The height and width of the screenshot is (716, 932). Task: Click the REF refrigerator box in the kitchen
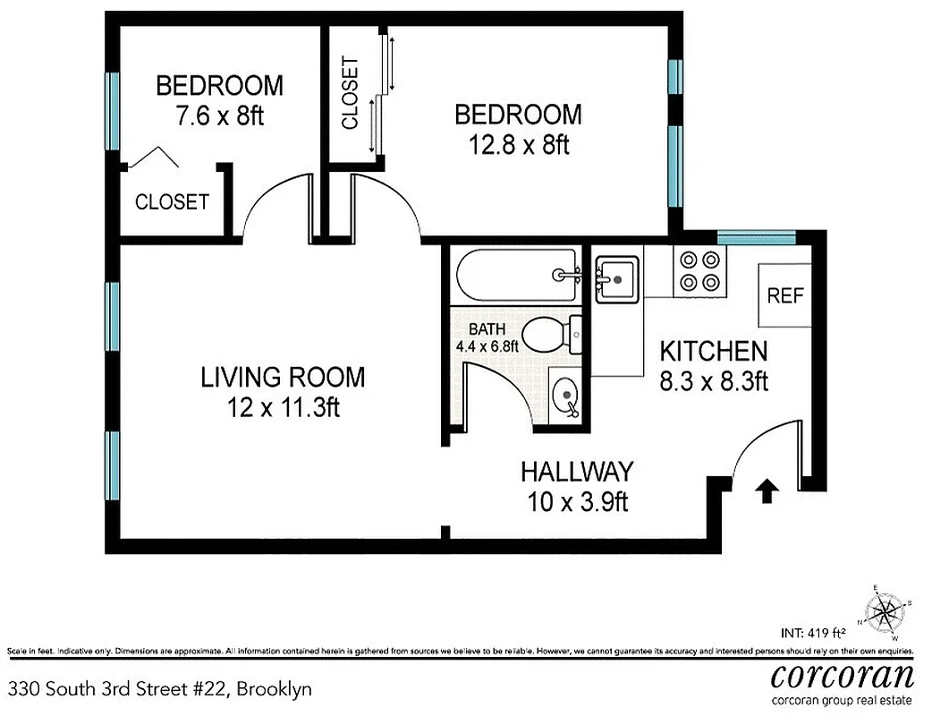tap(785, 295)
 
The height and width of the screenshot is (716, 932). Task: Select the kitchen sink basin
tap(616, 277)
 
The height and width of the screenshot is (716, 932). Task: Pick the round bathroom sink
tap(565, 395)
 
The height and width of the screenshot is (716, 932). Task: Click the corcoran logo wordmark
tap(842, 674)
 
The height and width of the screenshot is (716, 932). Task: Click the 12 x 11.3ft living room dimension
tap(283, 407)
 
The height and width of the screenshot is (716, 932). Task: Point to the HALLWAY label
tap(577, 471)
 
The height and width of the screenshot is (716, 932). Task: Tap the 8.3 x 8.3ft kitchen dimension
tap(714, 381)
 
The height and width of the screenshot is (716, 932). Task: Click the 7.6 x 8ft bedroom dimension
tap(219, 116)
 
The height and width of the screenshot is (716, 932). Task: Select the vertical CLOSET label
tap(350, 93)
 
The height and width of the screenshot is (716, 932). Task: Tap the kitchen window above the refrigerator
tap(756, 237)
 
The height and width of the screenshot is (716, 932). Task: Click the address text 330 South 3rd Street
tap(161, 689)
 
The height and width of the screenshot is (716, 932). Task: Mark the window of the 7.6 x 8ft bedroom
tap(113, 111)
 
